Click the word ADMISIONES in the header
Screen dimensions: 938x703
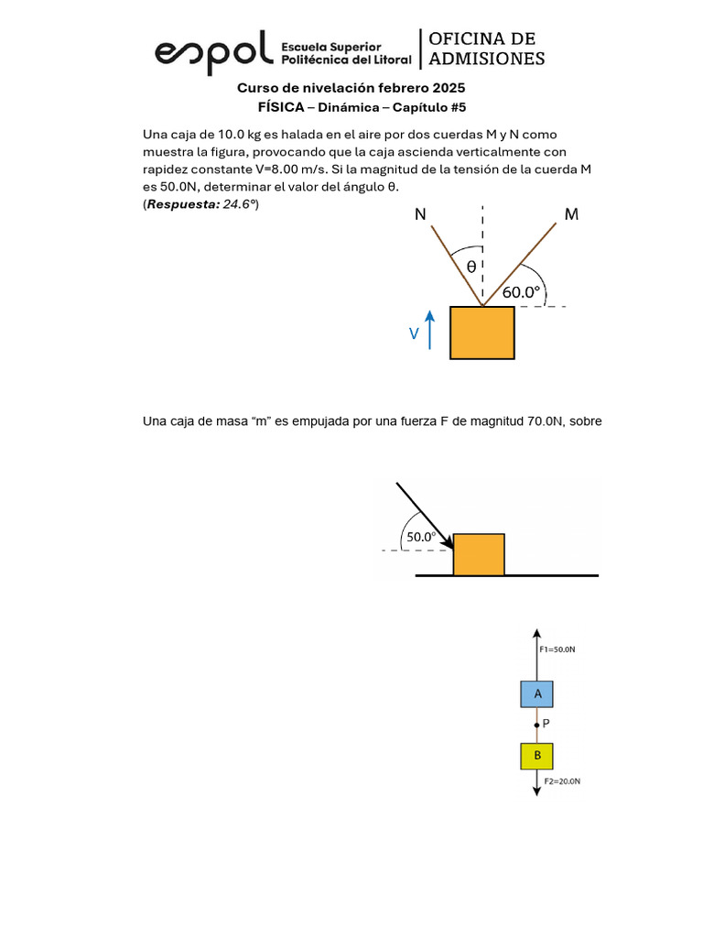tap(487, 59)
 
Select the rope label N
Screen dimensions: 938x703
tap(420, 214)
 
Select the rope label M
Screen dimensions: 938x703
tap(571, 214)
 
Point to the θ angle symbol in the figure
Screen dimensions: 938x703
tap(471, 267)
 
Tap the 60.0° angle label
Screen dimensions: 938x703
tap(522, 293)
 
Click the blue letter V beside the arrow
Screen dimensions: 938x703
tap(415, 335)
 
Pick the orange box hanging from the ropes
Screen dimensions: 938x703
tap(481, 333)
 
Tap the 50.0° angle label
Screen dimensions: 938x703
tap(422, 537)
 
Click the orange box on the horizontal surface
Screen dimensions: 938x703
tap(479, 554)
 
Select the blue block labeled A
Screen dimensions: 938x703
tap(538, 694)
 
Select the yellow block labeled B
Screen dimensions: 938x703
tap(538, 756)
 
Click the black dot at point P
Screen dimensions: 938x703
tap(538, 725)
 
